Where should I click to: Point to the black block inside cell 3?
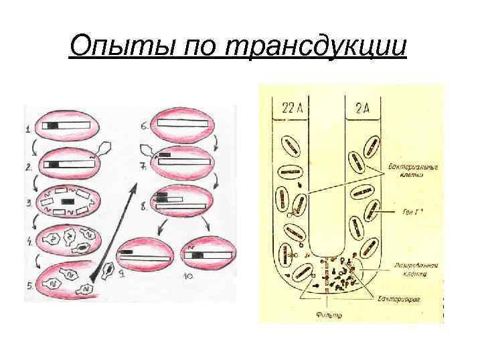click(x=67, y=201)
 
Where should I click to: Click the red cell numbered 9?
click(x=145, y=256)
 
